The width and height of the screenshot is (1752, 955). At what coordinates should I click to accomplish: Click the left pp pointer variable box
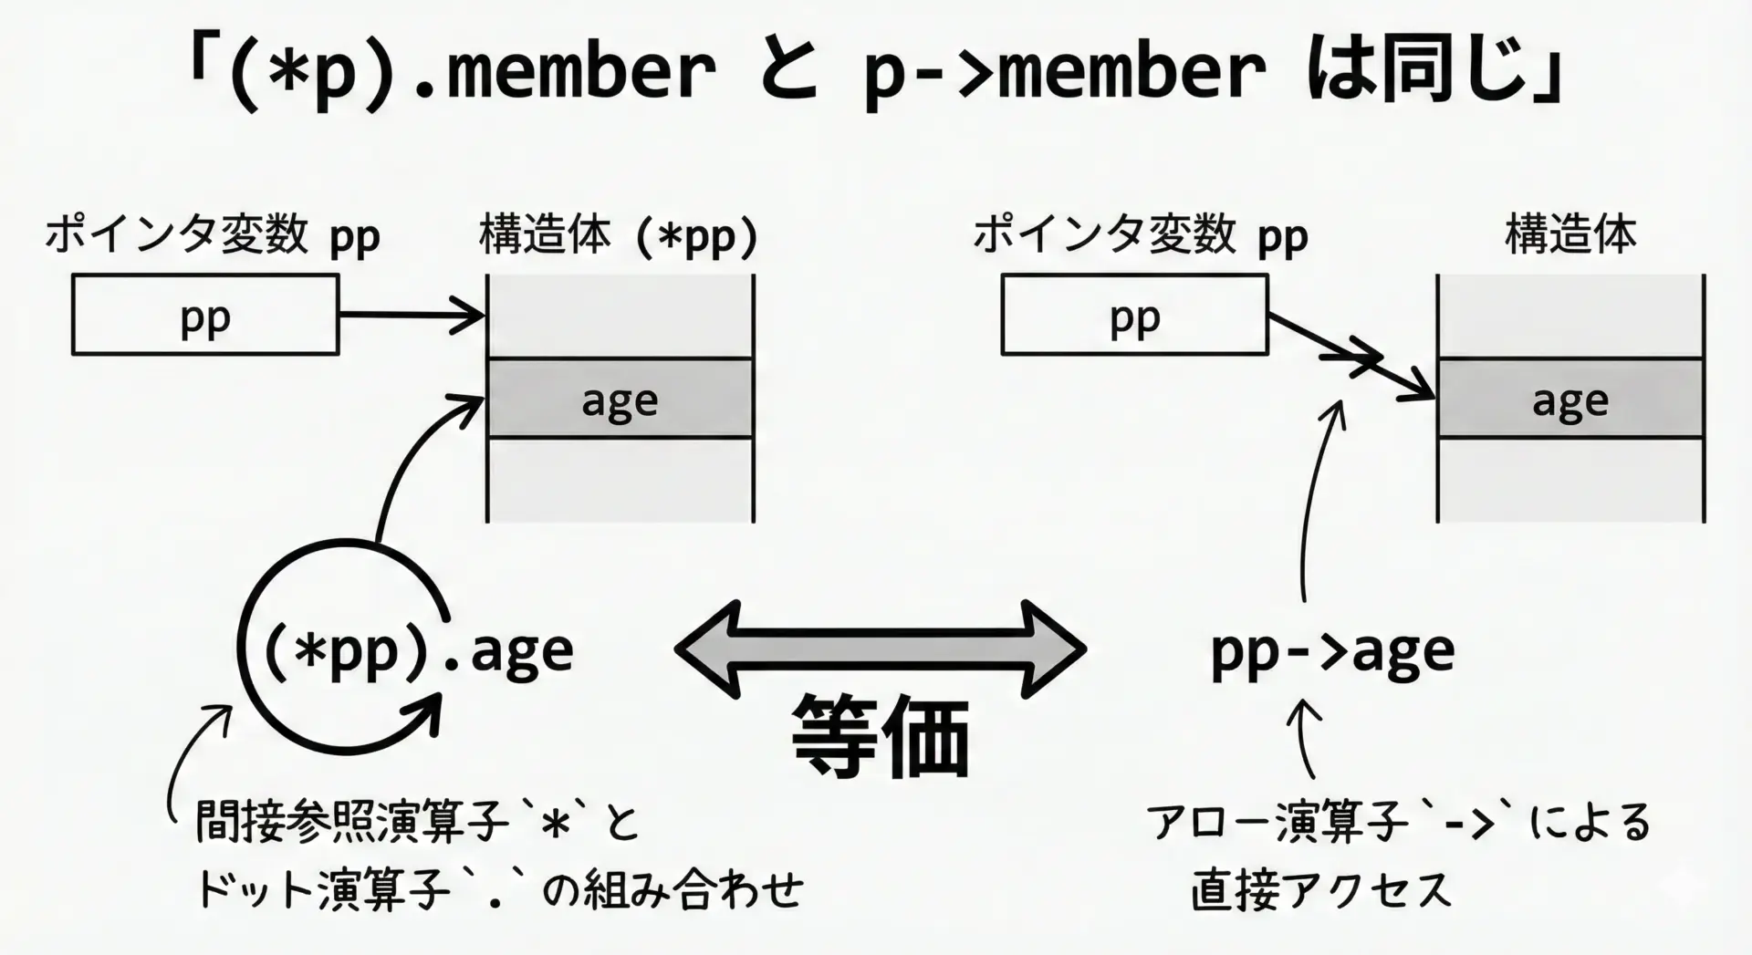(205, 315)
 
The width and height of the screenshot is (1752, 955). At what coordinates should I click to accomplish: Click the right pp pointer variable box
(1134, 315)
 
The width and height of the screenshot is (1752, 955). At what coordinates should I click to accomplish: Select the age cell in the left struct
(620, 400)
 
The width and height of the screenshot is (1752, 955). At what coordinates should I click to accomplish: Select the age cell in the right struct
(1570, 400)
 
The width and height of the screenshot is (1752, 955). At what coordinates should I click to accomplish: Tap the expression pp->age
(1332, 650)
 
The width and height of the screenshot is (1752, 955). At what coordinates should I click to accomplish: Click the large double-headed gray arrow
(881, 649)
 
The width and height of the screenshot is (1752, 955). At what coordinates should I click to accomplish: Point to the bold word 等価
(881, 736)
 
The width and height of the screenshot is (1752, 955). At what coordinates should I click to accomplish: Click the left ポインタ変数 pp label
(213, 236)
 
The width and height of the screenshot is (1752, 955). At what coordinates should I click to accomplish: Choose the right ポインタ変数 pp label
(1141, 236)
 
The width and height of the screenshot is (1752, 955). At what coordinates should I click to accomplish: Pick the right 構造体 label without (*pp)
(1570, 234)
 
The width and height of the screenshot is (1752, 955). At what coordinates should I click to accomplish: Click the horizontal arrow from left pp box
(411, 316)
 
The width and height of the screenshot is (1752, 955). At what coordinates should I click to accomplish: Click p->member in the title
(1064, 71)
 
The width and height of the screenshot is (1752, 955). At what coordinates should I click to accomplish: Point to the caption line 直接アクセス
(1320, 889)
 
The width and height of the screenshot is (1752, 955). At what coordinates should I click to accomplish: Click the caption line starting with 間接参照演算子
(418, 822)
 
